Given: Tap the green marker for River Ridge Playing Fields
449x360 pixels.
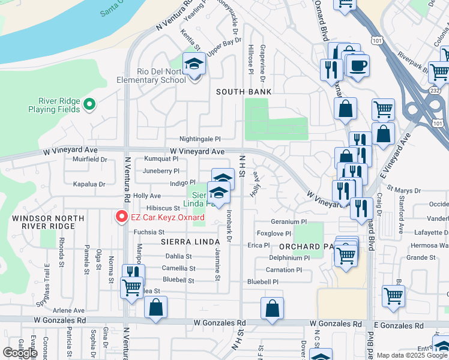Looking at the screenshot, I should [x=89, y=104].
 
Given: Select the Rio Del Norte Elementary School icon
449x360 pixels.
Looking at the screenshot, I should [x=194, y=64].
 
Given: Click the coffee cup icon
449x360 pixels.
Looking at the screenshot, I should [x=358, y=65].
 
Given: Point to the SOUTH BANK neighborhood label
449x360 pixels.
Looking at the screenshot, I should [x=244, y=92].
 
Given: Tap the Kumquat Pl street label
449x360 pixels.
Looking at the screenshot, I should [x=161, y=160].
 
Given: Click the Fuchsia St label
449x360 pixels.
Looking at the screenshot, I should [x=149, y=232].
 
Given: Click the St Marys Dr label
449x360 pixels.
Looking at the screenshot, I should [x=405, y=190].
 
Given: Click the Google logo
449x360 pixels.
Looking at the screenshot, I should [x=20, y=353].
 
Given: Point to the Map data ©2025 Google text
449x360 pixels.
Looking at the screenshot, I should [x=412, y=355].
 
